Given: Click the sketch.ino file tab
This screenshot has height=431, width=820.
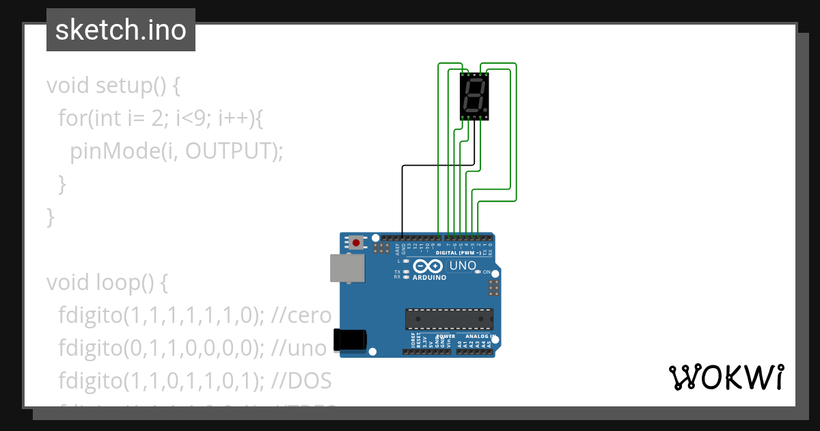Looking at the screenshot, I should click(x=121, y=30).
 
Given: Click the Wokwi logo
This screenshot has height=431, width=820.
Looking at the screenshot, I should click(x=726, y=377).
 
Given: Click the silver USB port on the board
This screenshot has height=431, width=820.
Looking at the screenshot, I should click(x=347, y=268).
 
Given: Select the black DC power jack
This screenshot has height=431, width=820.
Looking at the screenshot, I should click(x=349, y=340).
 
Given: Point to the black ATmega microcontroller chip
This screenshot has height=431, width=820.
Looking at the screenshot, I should click(x=449, y=319).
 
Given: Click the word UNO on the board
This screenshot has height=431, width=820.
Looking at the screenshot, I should click(x=462, y=265).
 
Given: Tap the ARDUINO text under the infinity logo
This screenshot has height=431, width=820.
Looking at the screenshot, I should click(x=429, y=278).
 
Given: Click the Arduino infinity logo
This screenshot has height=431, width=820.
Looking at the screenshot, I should click(x=428, y=266).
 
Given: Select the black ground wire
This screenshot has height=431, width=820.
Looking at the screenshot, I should click(x=402, y=198).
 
